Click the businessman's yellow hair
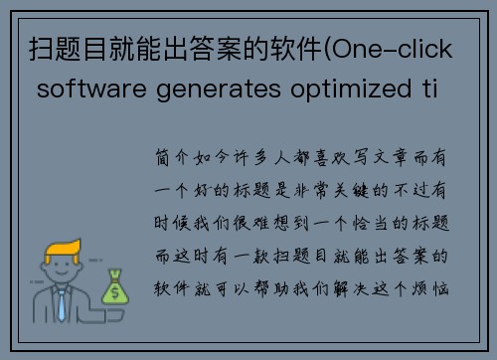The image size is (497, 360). (62, 241)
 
